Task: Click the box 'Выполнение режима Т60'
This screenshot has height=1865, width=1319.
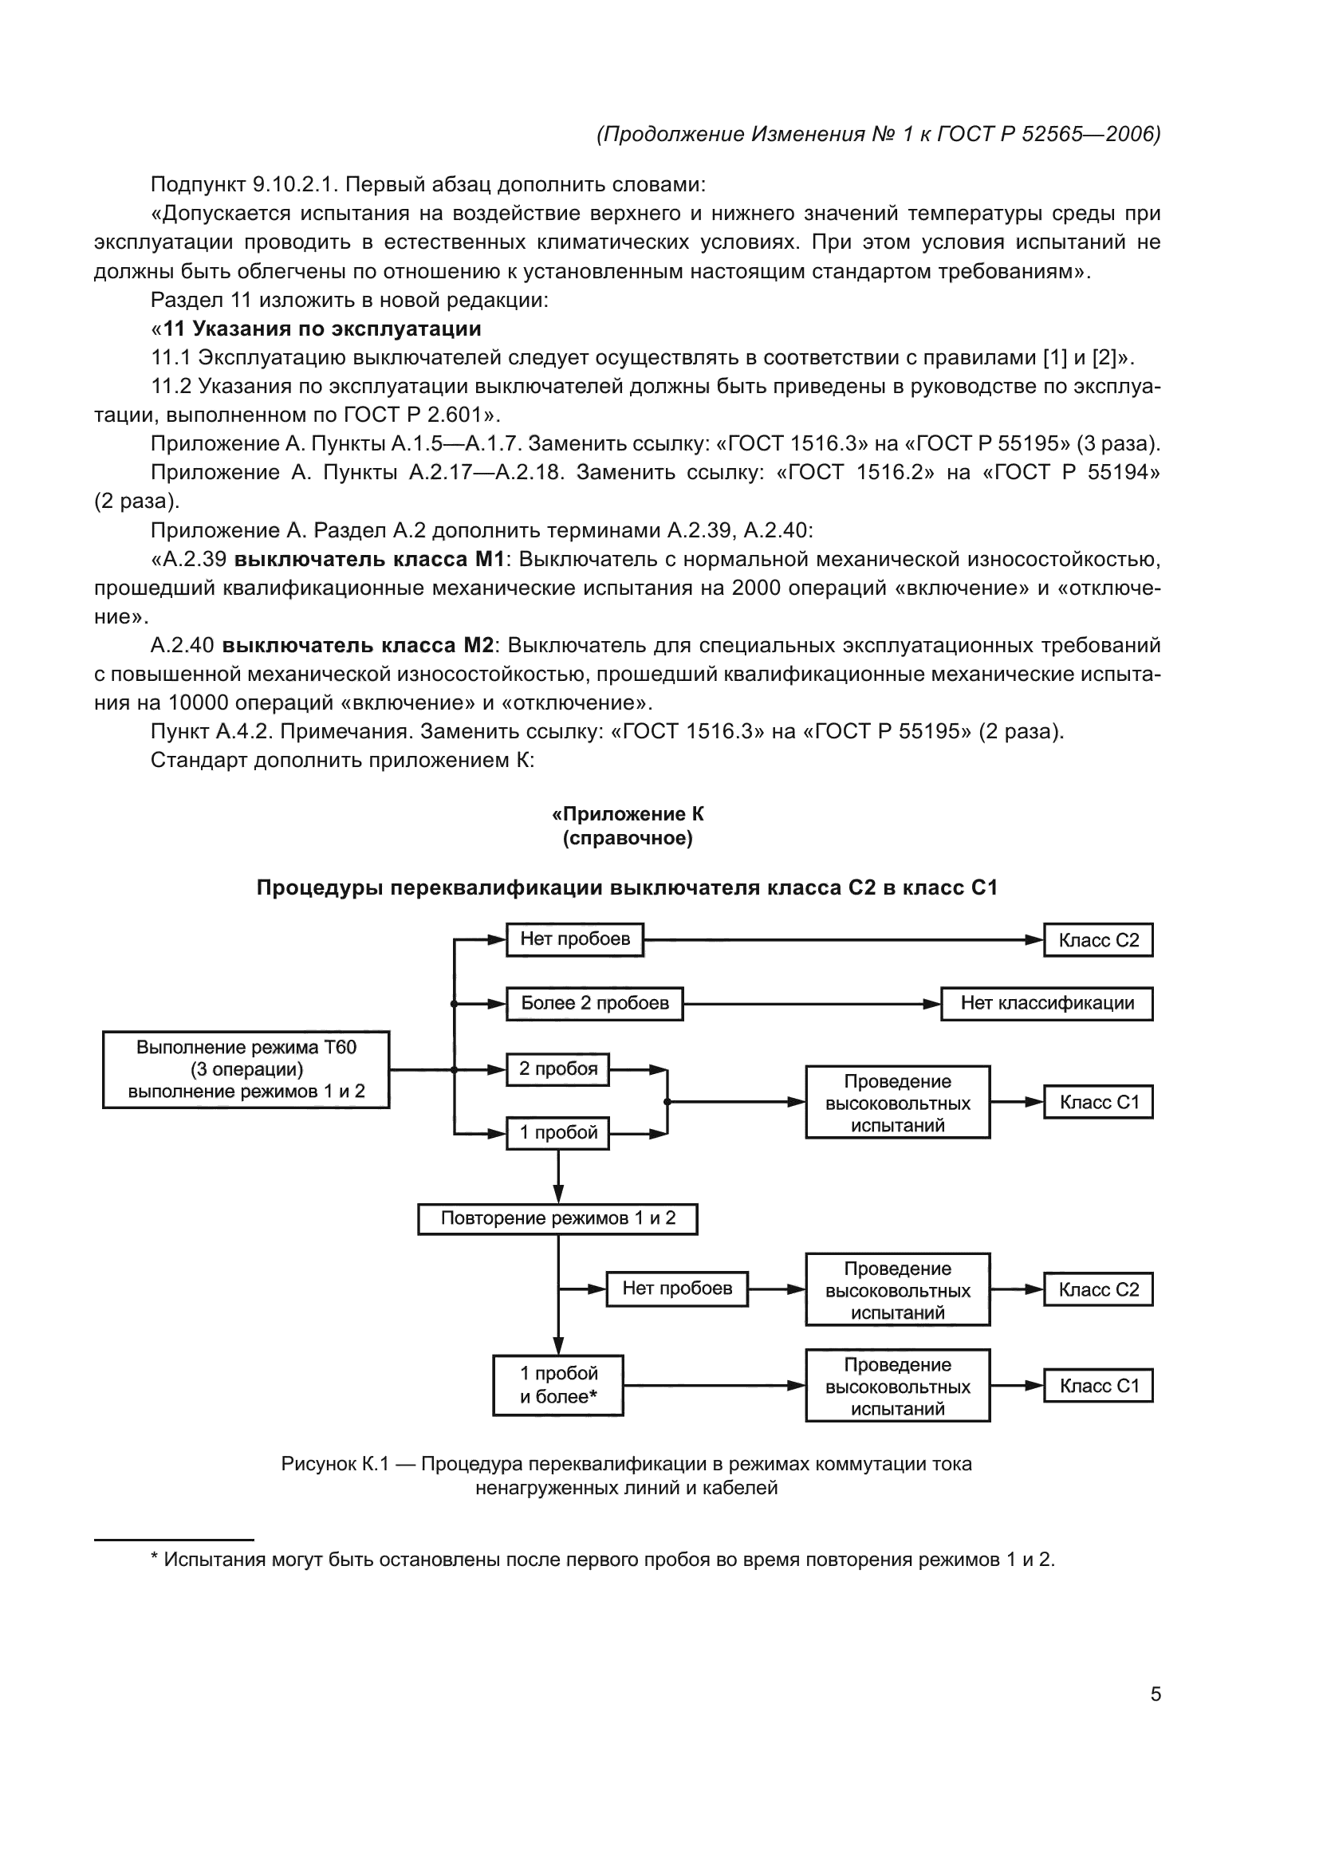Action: [x=246, y=1069]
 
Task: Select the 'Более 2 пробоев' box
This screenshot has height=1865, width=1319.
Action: [x=594, y=1003]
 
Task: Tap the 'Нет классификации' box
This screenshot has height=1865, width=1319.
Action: [x=1046, y=1003]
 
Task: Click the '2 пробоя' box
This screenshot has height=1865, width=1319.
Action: [x=557, y=1069]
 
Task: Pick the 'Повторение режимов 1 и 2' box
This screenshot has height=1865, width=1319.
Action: [x=557, y=1218]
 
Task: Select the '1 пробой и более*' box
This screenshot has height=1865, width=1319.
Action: [x=558, y=1385]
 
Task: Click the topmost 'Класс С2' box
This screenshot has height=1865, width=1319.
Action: [x=1098, y=940]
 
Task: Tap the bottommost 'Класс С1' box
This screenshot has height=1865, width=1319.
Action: [x=1098, y=1386]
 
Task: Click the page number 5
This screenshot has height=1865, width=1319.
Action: [x=1155, y=1694]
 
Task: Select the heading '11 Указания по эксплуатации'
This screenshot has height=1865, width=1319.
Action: [x=321, y=329]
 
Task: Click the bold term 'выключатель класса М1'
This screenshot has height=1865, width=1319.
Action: [x=369, y=559]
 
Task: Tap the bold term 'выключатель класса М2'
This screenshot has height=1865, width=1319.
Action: [x=358, y=645]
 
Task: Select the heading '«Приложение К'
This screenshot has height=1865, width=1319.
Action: [x=627, y=814]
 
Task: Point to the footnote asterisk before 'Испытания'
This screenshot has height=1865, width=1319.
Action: [x=155, y=1560]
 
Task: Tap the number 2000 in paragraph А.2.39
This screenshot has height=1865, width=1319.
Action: [x=758, y=588]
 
